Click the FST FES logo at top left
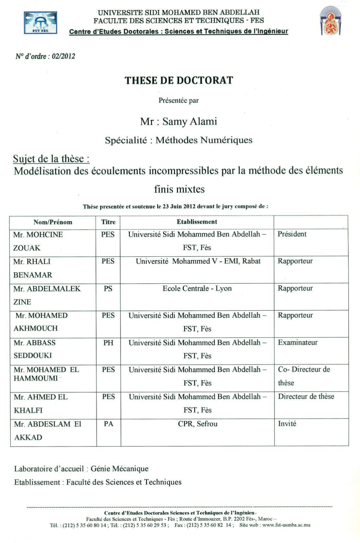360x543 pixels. click(x=40, y=23)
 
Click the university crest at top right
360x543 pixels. click(x=330, y=21)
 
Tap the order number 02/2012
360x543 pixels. click(x=63, y=56)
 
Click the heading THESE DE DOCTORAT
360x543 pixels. click(x=179, y=80)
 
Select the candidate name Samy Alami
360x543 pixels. click(x=190, y=122)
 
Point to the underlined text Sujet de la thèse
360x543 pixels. click(x=51, y=159)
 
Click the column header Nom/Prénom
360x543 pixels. click(x=53, y=222)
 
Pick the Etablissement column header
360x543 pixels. click(x=197, y=222)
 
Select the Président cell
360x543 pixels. click(x=292, y=234)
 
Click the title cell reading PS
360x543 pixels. click(x=108, y=288)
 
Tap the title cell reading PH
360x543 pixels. click(x=108, y=343)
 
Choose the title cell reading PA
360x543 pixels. click(x=108, y=424)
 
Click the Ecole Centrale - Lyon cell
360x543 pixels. click(x=197, y=288)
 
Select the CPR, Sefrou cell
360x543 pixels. click(x=198, y=424)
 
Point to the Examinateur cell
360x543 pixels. click(x=298, y=342)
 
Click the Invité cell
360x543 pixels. click(x=287, y=423)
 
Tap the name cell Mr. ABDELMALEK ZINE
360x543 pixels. click(x=47, y=295)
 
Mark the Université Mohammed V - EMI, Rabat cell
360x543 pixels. click(x=198, y=261)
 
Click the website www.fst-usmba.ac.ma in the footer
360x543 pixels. click(x=286, y=525)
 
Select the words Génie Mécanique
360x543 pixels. click(x=119, y=469)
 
